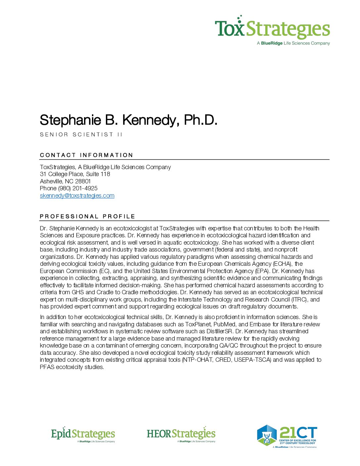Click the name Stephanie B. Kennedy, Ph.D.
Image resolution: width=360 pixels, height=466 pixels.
point(128,120)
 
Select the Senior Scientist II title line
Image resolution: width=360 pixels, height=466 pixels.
point(81,134)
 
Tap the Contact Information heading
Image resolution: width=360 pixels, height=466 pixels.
point(86,155)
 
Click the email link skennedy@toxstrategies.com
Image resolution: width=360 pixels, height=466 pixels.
point(77,196)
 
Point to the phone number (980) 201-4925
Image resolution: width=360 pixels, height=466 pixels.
point(78,188)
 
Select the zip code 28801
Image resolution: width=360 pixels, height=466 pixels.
point(83,181)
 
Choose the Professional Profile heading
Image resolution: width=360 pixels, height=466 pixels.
point(87,216)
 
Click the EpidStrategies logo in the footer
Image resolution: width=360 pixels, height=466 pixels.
point(83,434)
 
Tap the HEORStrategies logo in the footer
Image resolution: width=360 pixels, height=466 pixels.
point(181,434)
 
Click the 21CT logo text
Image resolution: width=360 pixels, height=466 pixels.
point(298,432)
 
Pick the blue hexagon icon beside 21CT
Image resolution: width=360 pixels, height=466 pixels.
point(267,435)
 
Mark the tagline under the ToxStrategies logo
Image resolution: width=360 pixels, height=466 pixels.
point(293,43)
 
